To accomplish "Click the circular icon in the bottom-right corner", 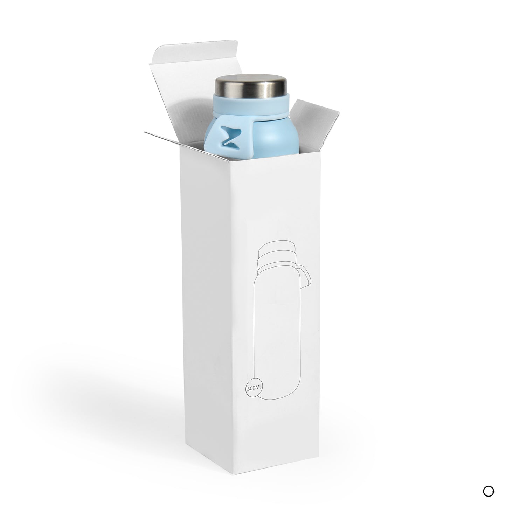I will pyautogui.click(x=488, y=492).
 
